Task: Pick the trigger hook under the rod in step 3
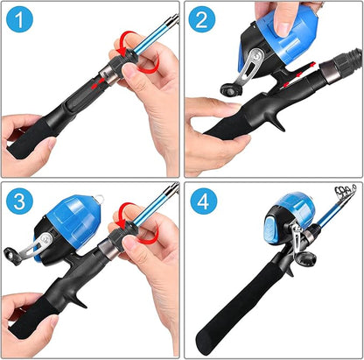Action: [x=79, y=295]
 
